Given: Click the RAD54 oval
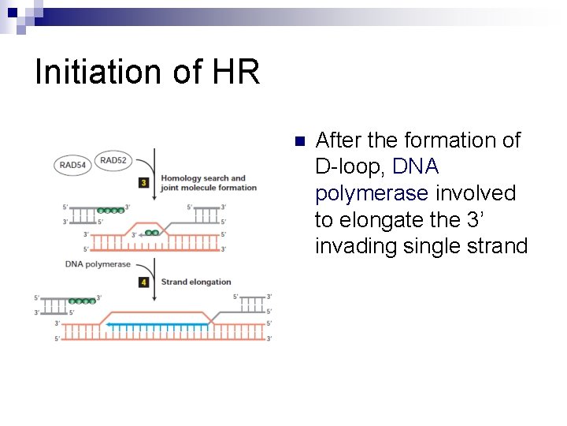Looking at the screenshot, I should (x=72, y=165).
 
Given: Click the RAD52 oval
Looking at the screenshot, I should (x=113, y=160).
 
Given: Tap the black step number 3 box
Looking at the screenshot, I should (x=143, y=182).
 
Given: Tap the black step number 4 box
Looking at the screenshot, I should (x=143, y=282).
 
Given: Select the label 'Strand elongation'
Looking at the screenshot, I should (x=196, y=282).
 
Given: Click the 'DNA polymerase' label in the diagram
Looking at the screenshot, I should (x=98, y=264).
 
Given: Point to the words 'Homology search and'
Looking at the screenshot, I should (x=203, y=177).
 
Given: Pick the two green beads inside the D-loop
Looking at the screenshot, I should (x=151, y=233).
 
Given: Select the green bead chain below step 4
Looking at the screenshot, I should (x=82, y=301).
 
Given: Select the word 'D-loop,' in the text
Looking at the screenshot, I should (x=350, y=166).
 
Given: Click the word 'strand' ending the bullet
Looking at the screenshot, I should (x=496, y=246).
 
